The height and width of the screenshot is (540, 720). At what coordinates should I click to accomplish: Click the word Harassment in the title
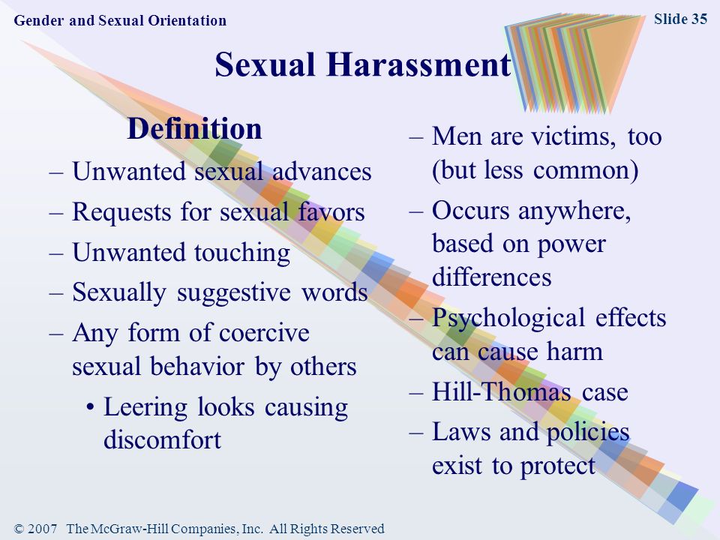(x=418, y=64)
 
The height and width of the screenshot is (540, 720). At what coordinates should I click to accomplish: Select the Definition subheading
(x=194, y=128)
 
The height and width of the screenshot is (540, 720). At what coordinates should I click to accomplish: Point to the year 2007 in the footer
(x=42, y=529)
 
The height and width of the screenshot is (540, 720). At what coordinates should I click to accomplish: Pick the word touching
(x=242, y=253)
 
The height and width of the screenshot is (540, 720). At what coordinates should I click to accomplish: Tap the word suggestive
(x=234, y=293)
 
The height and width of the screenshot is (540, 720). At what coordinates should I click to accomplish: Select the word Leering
(x=145, y=408)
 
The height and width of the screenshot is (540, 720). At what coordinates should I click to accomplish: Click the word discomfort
(x=163, y=439)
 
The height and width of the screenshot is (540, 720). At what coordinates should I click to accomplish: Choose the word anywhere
(x=574, y=211)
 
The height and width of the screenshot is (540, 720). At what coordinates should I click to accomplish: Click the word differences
(x=492, y=277)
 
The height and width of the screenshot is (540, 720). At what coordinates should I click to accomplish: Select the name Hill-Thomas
(x=502, y=391)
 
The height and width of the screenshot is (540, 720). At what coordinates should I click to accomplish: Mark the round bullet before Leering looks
(x=91, y=407)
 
